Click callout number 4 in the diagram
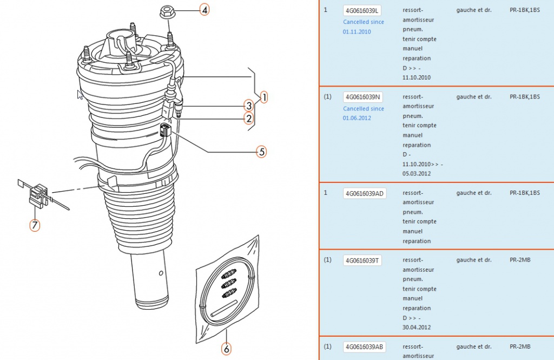(204, 9)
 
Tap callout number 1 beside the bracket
(263, 97)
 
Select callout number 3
(248, 106)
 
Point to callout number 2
(249, 118)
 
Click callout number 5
(262, 152)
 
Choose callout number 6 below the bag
(227, 349)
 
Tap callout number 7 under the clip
(35, 225)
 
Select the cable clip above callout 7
(37, 194)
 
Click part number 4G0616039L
(362, 11)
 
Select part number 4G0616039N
(363, 97)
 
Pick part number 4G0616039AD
(365, 193)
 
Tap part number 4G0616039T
(362, 260)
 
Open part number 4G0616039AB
(365, 347)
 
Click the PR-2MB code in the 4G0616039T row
(520, 260)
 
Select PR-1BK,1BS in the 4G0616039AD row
(525, 193)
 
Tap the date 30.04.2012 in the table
(417, 328)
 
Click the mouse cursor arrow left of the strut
(80, 95)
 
